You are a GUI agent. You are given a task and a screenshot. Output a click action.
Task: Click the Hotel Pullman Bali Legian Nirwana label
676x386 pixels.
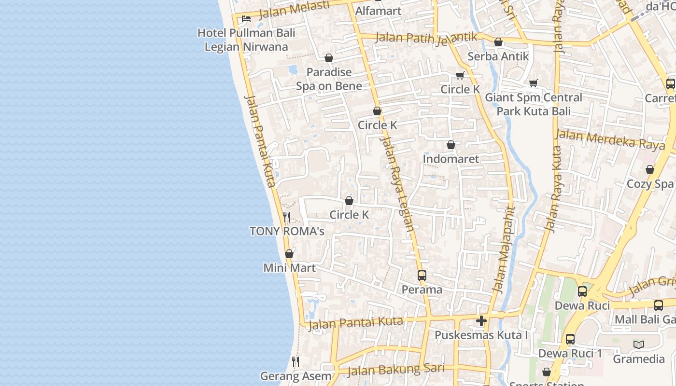[246, 40]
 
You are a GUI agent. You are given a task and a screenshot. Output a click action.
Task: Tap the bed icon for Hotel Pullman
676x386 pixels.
[246, 19]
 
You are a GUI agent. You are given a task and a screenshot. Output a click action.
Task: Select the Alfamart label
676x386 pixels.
[378, 11]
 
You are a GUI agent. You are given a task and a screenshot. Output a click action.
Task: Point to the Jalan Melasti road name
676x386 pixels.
[294, 10]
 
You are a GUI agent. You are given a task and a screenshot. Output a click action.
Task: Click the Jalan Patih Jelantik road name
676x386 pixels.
[426, 37]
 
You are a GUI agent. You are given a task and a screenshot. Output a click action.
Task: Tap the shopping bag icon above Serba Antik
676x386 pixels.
[498, 42]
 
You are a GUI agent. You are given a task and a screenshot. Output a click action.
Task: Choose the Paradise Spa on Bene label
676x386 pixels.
[329, 79]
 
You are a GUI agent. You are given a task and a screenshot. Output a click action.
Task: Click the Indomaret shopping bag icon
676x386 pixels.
[451, 144]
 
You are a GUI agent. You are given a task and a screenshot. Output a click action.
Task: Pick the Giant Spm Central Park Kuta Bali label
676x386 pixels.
[534, 104]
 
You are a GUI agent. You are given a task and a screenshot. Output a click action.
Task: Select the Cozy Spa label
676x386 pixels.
[649, 184]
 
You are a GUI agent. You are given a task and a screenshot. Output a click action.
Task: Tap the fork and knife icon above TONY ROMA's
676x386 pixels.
[287, 217]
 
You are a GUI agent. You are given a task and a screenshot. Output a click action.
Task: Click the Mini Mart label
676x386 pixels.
[289, 268]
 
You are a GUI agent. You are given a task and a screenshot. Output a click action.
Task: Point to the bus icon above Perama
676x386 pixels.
[422, 276]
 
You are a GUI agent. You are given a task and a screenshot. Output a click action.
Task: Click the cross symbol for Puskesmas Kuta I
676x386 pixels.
[481, 321]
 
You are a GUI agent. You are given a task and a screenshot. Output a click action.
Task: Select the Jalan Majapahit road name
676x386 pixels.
[504, 249]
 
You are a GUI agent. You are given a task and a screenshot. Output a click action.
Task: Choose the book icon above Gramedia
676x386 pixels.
[639, 345]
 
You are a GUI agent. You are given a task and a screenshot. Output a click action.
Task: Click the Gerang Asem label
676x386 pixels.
[296, 376]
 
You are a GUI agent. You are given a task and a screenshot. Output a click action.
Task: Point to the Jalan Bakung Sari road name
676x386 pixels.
[395, 370]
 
